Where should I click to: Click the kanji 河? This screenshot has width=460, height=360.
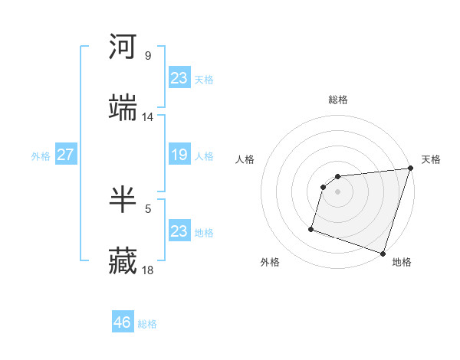coord(123,47)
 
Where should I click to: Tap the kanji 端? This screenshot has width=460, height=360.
coord(123,108)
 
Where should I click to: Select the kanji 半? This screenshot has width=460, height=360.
coord(123,200)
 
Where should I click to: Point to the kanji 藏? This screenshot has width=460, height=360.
coord(123,261)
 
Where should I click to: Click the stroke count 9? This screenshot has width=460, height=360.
coord(147,56)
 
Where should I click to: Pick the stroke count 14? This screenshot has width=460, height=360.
coord(148,117)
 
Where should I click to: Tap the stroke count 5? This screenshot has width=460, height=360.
coord(147,208)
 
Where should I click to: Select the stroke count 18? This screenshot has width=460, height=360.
coord(148,270)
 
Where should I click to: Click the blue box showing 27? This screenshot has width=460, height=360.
coord(65,155)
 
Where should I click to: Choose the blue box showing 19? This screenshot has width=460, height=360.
coord(179,155)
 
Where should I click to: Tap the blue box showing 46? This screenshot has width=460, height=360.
coord(123,322)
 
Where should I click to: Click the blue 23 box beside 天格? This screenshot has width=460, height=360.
coord(179,78)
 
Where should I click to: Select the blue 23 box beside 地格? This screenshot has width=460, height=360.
coord(179,231)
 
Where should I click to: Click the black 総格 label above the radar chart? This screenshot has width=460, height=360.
coord(338,100)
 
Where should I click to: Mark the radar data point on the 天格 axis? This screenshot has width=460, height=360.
coord(410,169)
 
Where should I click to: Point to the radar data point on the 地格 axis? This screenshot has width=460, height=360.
coord(383,253)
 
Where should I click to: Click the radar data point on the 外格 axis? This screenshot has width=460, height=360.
coord(311,228)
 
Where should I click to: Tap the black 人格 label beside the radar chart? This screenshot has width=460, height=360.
coord(245,159)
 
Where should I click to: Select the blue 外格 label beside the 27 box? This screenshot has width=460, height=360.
coord(41,155)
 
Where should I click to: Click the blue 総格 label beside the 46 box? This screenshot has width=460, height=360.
coord(147,324)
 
